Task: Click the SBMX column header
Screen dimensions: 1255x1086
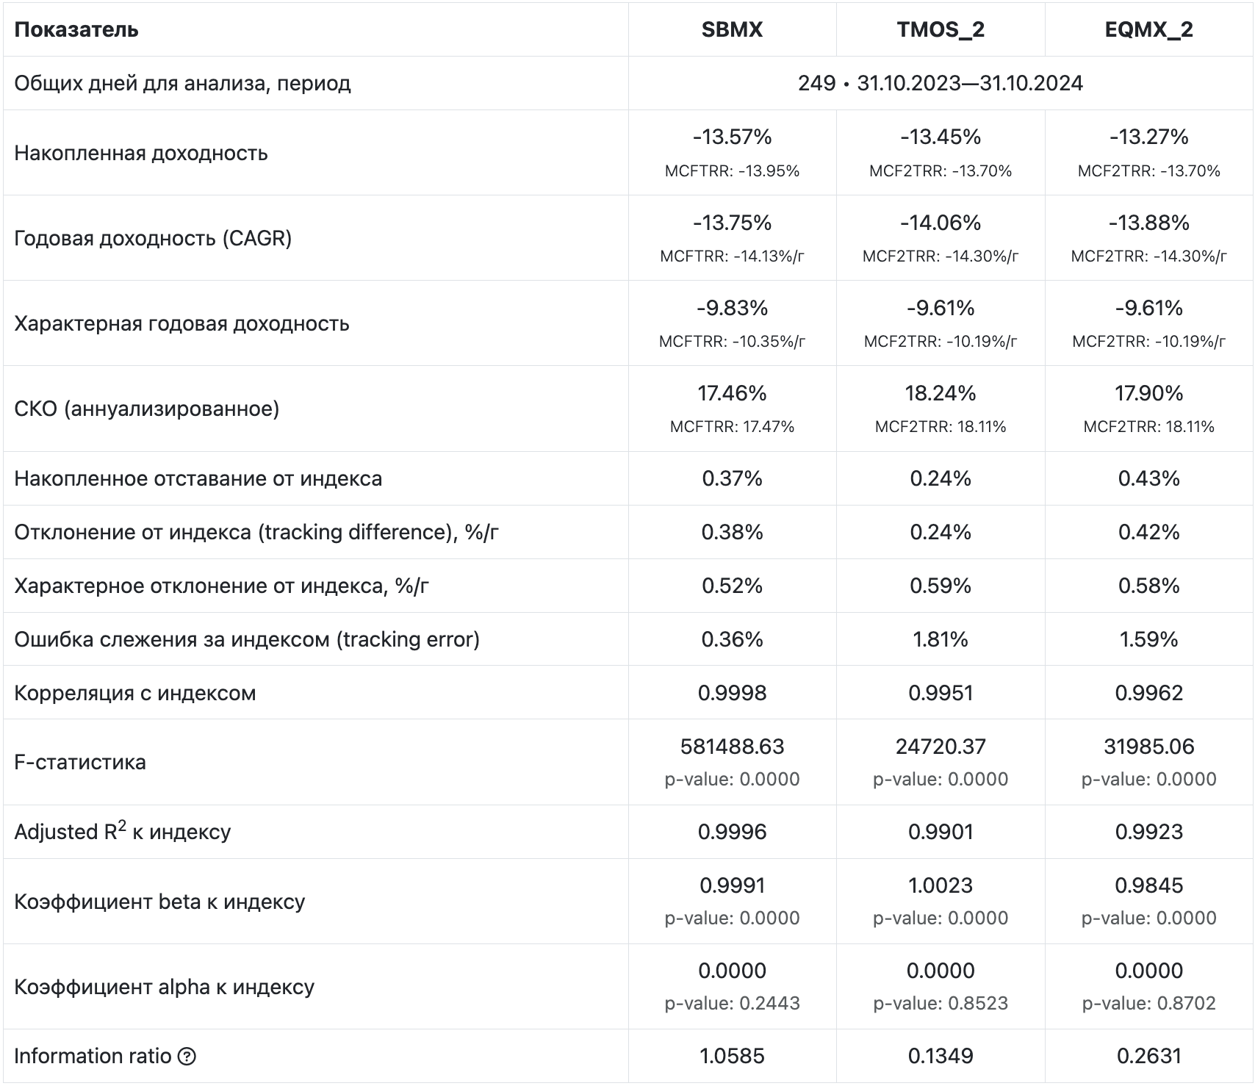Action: click(x=732, y=29)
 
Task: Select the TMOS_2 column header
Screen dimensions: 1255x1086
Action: click(x=941, y=29)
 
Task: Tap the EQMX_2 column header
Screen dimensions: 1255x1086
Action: click(x=1149, y=29)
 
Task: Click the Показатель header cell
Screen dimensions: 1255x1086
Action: click(x=76, y=29)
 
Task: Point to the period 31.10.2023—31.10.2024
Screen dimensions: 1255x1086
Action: click(x=970, y=83)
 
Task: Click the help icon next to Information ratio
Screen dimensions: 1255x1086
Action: click(x=187, y=1057)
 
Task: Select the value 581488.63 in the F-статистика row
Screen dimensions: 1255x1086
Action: click(x=732, y=747)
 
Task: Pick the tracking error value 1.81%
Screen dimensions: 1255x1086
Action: click(x=941, y=639)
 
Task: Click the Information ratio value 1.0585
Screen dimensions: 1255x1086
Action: click(x=732, y=1056)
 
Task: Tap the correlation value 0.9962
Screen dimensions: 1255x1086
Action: click(x=1149, y=693)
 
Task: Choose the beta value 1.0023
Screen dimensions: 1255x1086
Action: click(x=941, y=885)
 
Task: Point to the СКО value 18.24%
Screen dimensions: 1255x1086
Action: click(x=941, y=393)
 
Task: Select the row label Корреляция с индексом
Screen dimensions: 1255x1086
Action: click(x=135, y=693)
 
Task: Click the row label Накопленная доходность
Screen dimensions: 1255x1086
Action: click(x=141, y=153)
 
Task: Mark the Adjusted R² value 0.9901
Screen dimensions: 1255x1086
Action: click(x=941, y=832)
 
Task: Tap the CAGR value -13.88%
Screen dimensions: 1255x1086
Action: click(x=1149, y=223)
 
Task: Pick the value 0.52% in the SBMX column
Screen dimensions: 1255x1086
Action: click(x=732, y=586)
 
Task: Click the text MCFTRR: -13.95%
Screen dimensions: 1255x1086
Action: click(x=732, y=171)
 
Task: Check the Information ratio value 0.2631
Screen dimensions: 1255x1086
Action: click(x=1149, y=1056)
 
